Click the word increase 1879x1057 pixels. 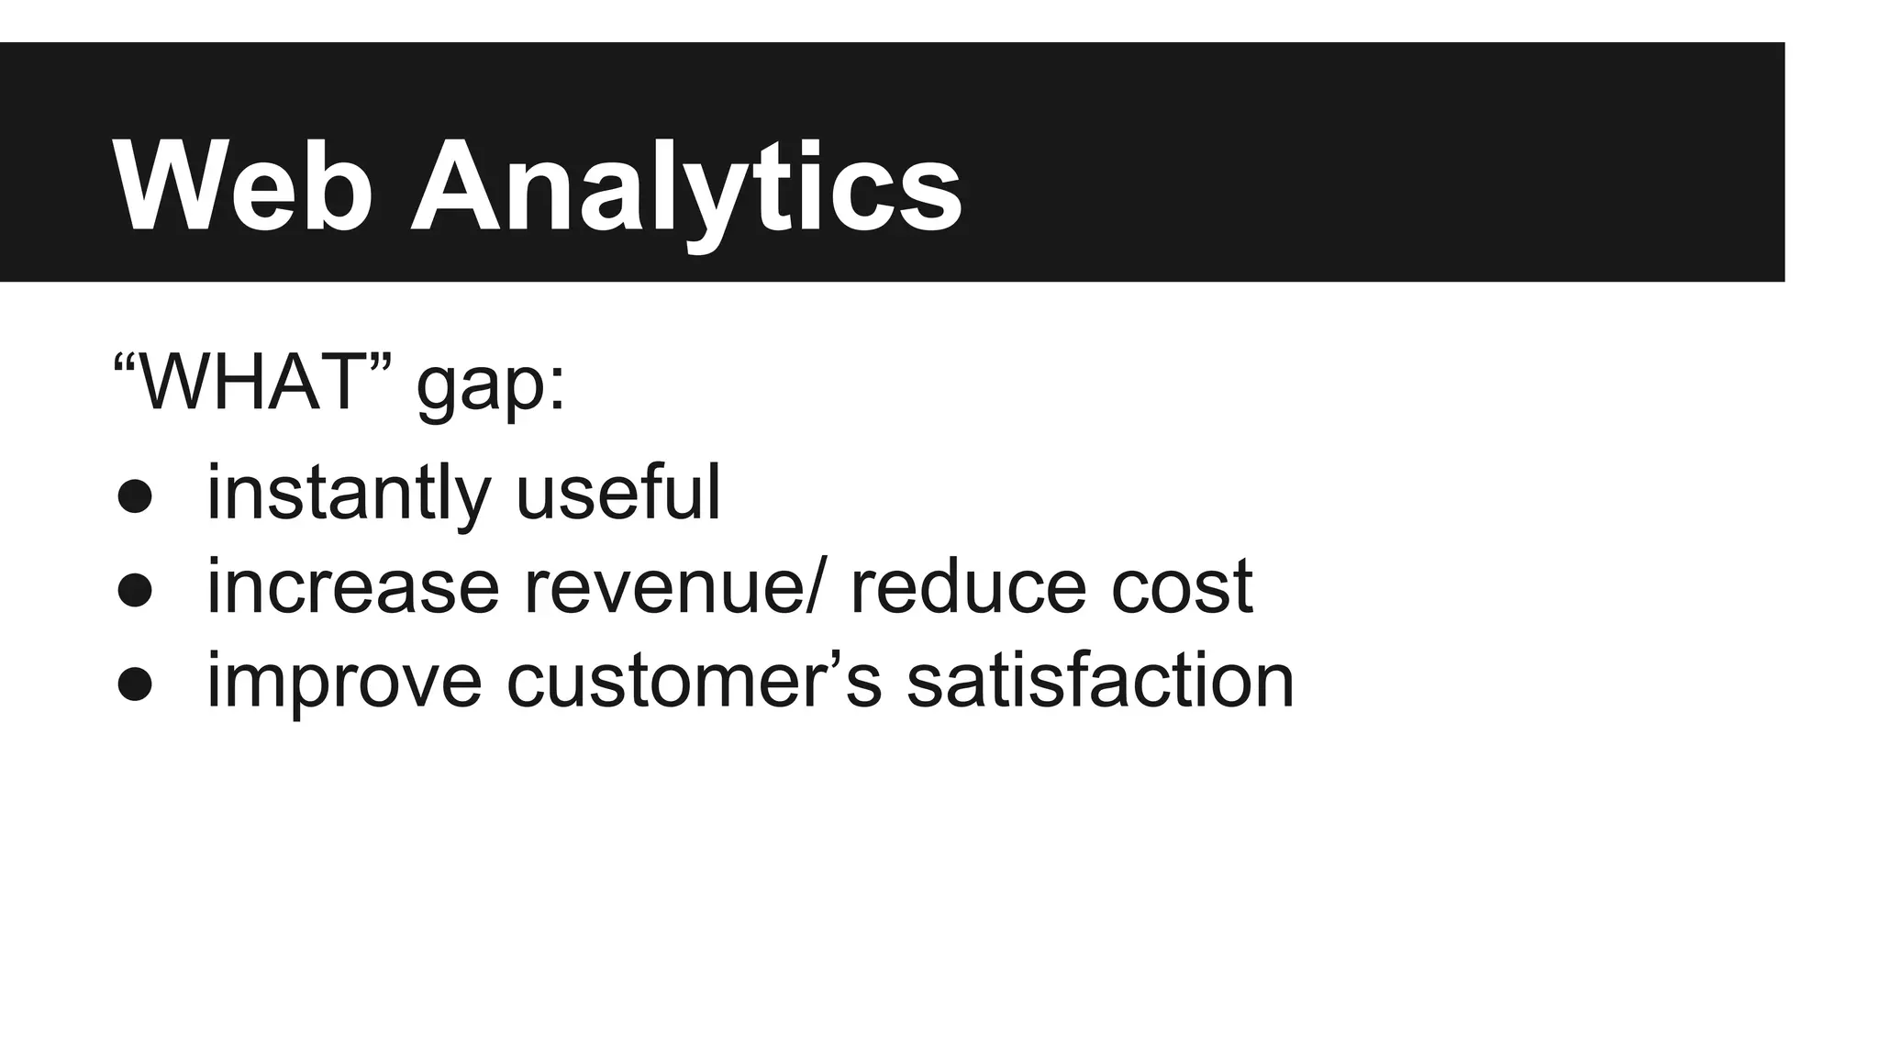coord(352,587)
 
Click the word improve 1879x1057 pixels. coord(344,683)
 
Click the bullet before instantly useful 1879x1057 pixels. coord(135,496)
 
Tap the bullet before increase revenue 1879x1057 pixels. coord(135,591)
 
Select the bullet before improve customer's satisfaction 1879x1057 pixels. coord(135,684)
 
